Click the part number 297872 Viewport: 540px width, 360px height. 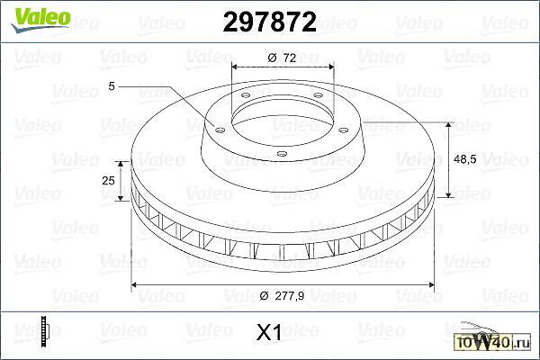[x=269, y=23]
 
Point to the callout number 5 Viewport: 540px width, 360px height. [x=112, y=85]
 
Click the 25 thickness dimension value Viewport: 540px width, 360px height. [x=109, y=181]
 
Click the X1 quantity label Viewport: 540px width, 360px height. [x=270, y=334]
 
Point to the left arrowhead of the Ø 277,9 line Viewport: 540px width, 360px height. [x=135, y=285]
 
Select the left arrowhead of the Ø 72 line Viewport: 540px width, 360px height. [x=235, y=68]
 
